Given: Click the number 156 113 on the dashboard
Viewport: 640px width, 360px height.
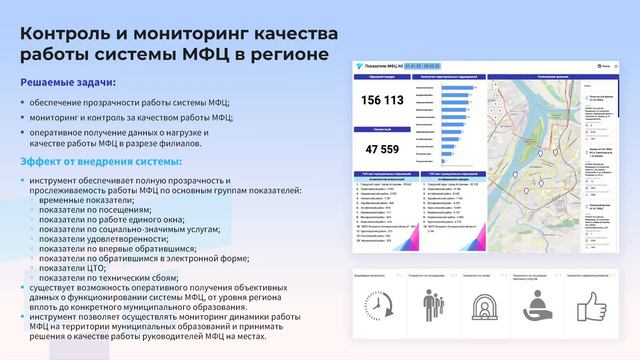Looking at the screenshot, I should click(x=382, y=100).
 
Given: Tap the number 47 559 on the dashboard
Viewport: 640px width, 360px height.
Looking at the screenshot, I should click(x=382, y=150).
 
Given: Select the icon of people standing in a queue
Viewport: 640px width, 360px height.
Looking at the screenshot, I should click(x=433, y=302).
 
